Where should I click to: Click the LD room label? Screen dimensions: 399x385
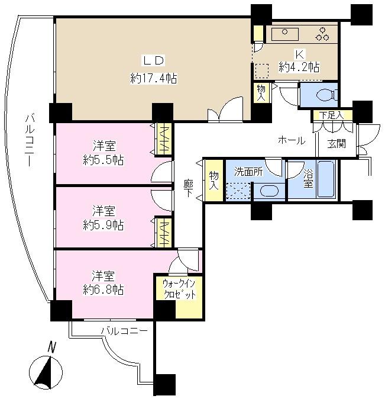(154, 59)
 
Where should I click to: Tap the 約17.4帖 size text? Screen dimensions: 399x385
(154, 78)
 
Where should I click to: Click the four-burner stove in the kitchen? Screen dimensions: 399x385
(323, 34)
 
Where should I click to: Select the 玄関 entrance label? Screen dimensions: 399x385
(337, 143)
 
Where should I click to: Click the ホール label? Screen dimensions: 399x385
(292, 141)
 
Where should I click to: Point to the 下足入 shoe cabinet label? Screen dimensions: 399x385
(331, 116)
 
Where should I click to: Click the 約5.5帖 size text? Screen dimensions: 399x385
(103, 160)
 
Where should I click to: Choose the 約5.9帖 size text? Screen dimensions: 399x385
(103, 225)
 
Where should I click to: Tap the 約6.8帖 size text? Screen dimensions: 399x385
(103, 290)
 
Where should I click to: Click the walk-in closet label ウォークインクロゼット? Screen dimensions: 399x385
(179, 288)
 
